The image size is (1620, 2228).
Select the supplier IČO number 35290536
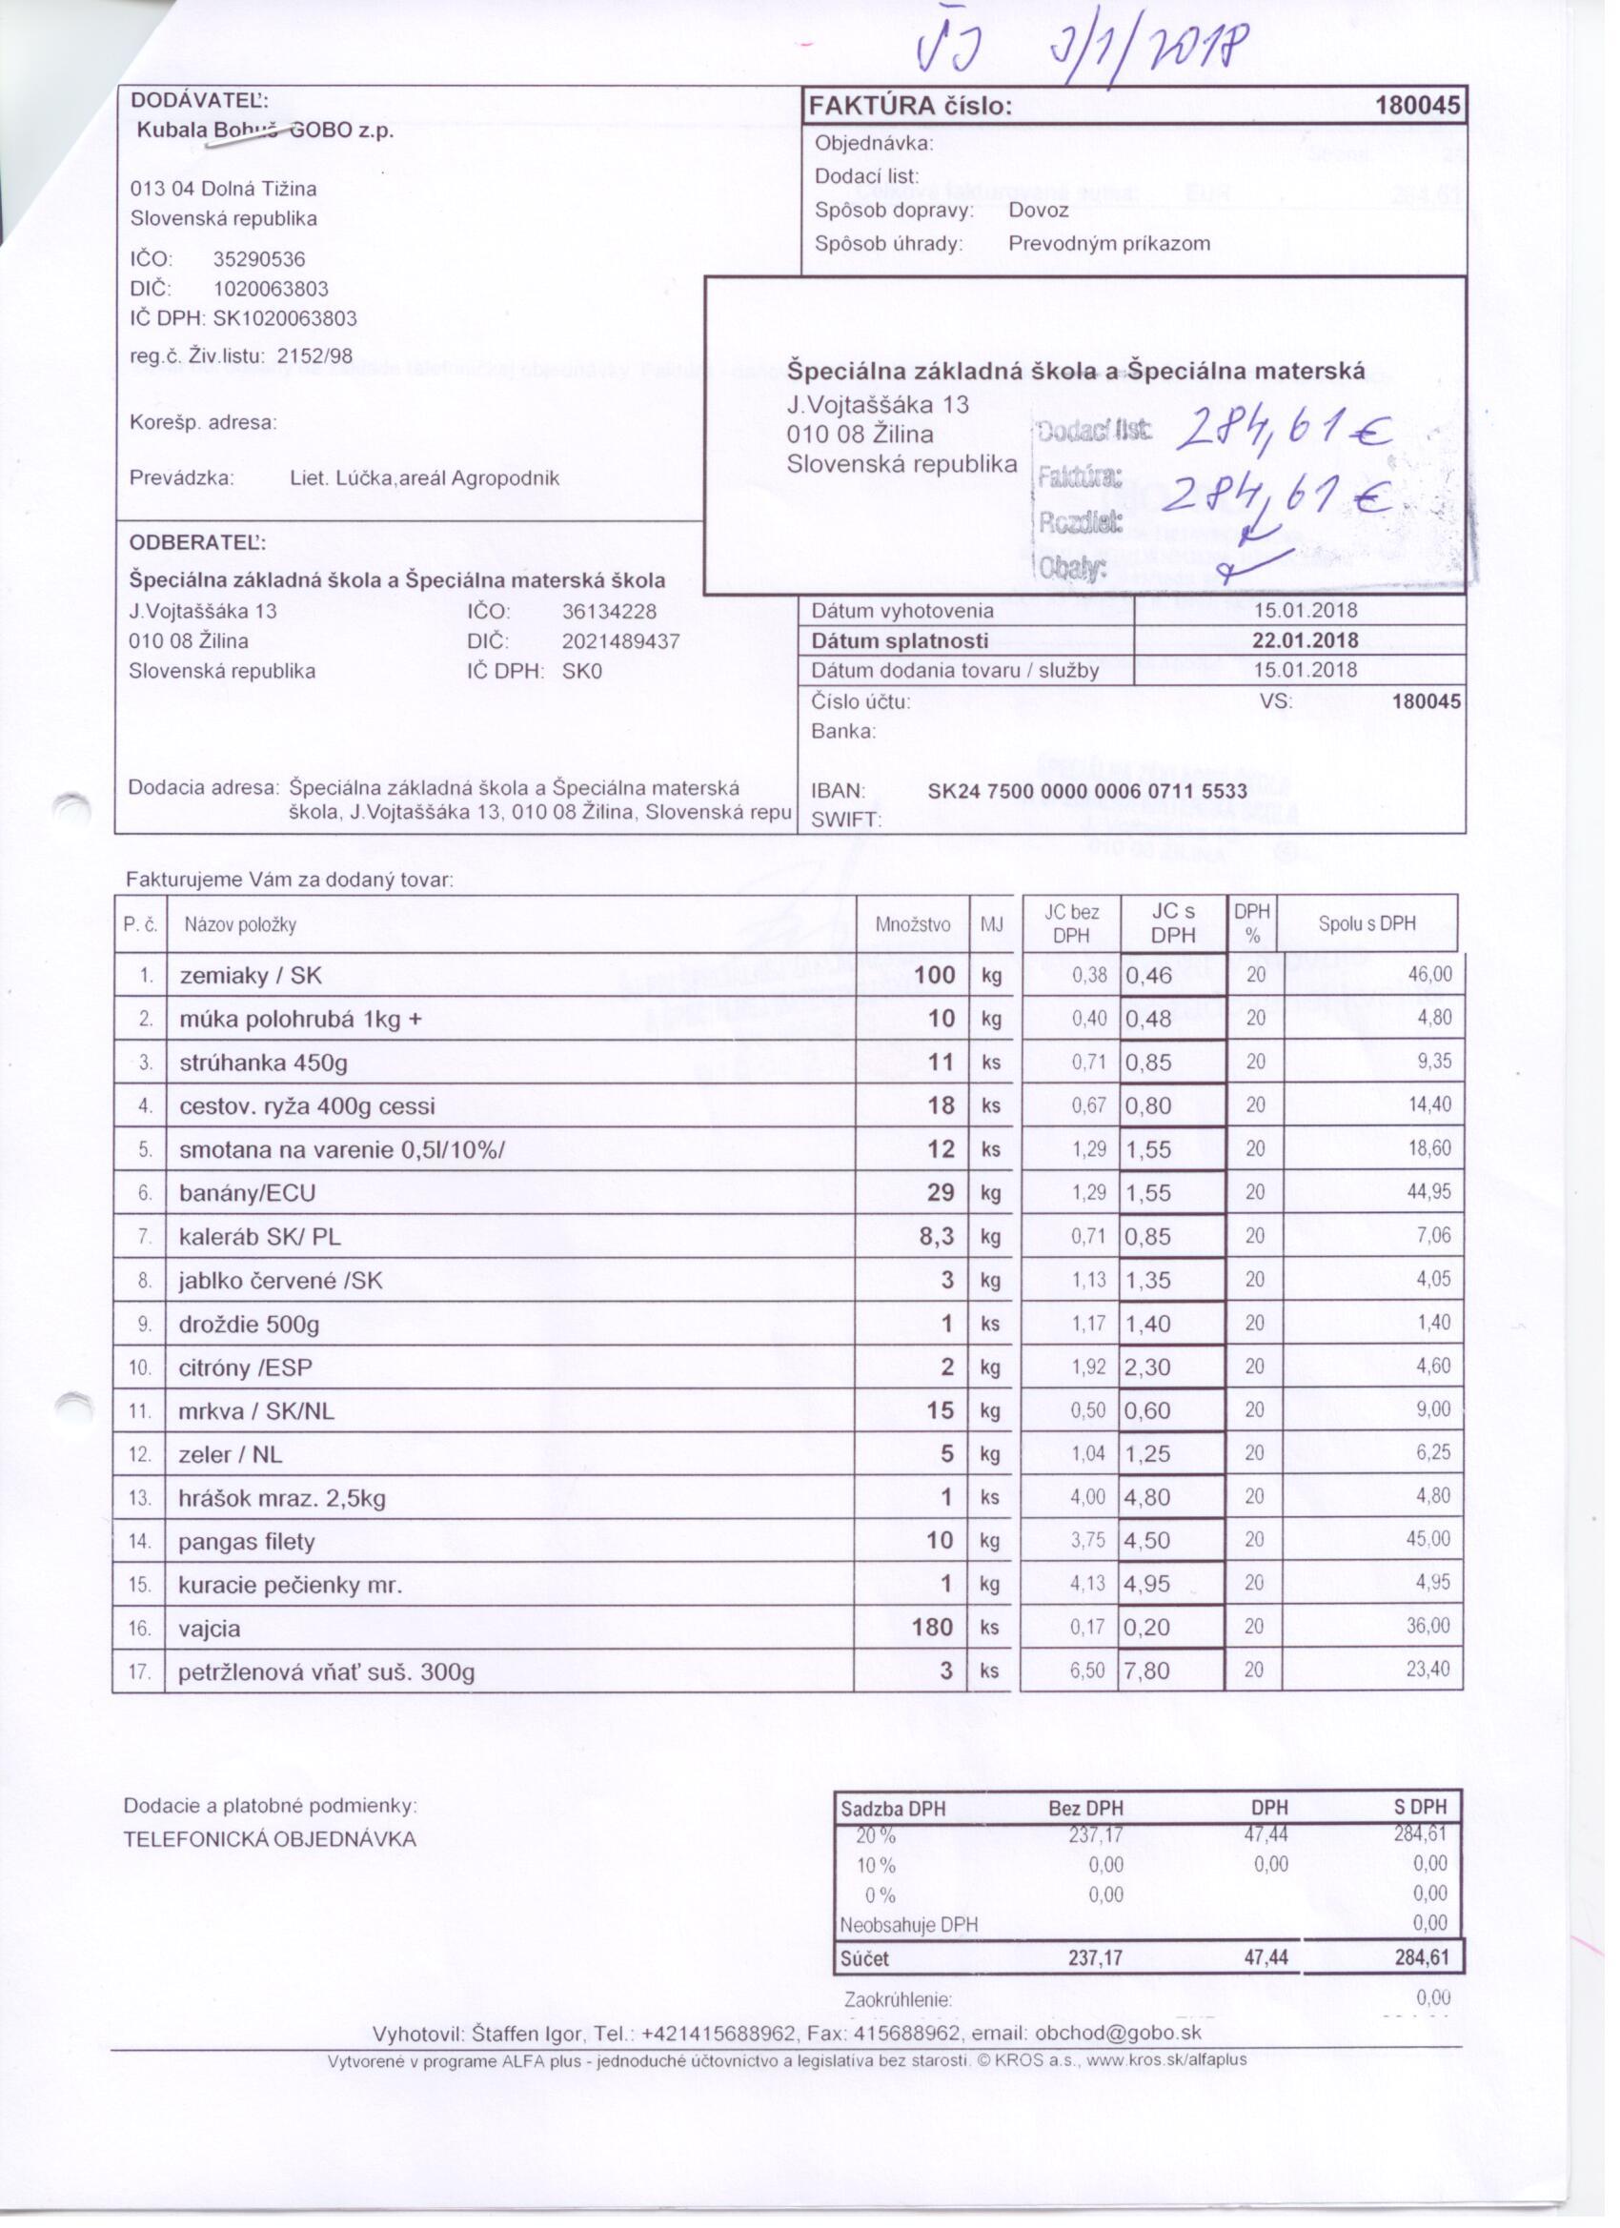258,259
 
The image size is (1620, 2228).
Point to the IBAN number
1086,791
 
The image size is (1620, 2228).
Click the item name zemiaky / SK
251,976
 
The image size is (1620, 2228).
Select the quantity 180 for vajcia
932,1628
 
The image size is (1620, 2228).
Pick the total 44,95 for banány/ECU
1428,1191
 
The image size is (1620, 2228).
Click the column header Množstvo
913,924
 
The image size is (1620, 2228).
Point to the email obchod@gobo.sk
1118,2033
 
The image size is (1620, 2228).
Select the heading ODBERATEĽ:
197,542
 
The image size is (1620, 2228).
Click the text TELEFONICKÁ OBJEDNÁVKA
271,1839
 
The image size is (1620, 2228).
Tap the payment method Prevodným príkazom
1109,244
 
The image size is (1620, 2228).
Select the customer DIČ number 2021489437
620,641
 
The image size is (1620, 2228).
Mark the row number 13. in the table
140,1498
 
